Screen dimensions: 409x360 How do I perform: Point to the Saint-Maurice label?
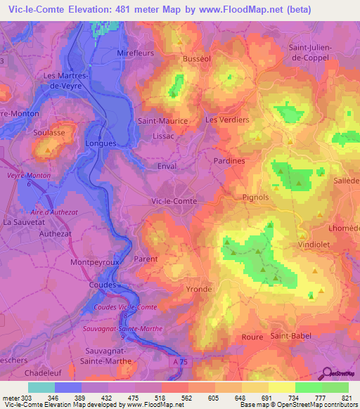(x=162, y=121)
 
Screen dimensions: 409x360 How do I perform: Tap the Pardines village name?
(x=229, y=160)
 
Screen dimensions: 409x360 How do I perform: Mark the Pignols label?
(x=255, y=197)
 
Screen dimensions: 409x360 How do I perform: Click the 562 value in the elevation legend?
(x=187, y=396)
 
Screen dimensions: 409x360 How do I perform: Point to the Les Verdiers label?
(x=227, y=120)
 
